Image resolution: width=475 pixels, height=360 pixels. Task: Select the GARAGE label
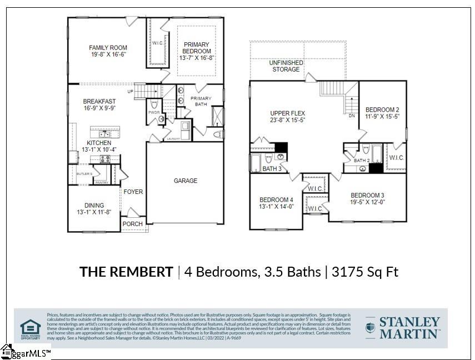[185, 181]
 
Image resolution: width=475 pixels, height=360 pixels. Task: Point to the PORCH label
[132, 224]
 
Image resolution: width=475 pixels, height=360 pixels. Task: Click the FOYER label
[133, 192]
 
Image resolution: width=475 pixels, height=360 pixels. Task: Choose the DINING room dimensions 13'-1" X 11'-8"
[94, 212]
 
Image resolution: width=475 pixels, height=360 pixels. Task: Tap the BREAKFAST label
[99, 101]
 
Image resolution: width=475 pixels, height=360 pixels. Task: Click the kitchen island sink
[104, 134]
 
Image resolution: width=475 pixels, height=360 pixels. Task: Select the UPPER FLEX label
[287, 113]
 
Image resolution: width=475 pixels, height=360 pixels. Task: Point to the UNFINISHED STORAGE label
[286, 66]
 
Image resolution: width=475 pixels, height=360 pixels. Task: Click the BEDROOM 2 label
[382, 110]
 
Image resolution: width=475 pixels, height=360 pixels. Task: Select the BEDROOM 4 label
[276, 199]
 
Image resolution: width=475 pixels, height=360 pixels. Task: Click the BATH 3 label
[271, 169]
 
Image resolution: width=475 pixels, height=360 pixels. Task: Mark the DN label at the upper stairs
[352, 116]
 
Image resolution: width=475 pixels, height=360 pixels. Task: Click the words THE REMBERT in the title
[126, 272]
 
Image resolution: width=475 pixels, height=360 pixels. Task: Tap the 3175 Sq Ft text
[365, 272]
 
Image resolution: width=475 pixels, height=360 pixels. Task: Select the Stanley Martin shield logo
[370, 327]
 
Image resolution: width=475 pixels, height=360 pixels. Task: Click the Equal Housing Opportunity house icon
[31, 326]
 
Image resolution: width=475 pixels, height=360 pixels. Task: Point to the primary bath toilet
[218, 134]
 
